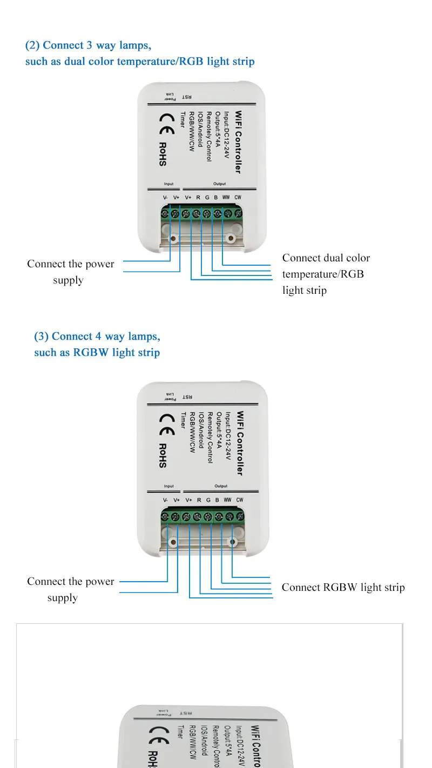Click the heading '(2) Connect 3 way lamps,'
coord(88,45)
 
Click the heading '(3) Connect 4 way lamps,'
coord(97,336)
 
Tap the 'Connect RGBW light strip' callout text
coord(343,588)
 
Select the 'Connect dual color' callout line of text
coord(326,258)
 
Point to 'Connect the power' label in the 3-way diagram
coord(71,264)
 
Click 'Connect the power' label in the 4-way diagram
coord(71,582)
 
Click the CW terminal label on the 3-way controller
coord(238,198)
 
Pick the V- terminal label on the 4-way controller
coord(166,500)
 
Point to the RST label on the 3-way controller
coord(186,97)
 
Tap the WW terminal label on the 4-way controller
coord(227,500)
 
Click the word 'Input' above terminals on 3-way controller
coord(168,184)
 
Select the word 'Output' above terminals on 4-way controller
coord(221,487)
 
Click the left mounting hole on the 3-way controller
coord(173,238)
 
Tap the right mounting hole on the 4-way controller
coord(232,542)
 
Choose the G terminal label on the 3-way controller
coord(207,198)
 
